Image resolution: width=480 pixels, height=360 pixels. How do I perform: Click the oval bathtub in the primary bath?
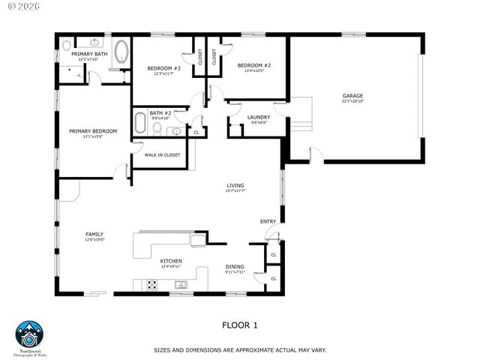(122, 54)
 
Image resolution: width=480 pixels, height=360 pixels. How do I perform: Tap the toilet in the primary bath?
(64, 44)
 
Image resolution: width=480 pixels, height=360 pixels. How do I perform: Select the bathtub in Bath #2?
(140, 122)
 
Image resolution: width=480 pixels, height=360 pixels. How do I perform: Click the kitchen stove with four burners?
(151, 285)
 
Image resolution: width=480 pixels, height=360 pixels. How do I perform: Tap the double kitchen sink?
(181, 285)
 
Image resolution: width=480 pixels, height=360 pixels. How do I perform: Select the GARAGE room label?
(352, 96)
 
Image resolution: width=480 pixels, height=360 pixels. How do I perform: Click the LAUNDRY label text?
(259, 118)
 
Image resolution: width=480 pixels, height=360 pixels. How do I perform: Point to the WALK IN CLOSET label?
(162, 154)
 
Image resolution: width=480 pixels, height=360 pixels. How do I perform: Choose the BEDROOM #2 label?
(254, 66)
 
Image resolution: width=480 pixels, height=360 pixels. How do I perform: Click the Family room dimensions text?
(94, 240)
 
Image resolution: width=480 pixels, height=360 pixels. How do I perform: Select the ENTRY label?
(268, 221)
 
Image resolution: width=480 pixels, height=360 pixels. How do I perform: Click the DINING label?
(235, 266)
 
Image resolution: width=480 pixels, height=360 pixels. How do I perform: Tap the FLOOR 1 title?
(239, 325)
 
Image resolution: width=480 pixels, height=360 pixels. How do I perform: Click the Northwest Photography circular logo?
(29, 334)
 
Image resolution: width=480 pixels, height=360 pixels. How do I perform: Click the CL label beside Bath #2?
(196, 133)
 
